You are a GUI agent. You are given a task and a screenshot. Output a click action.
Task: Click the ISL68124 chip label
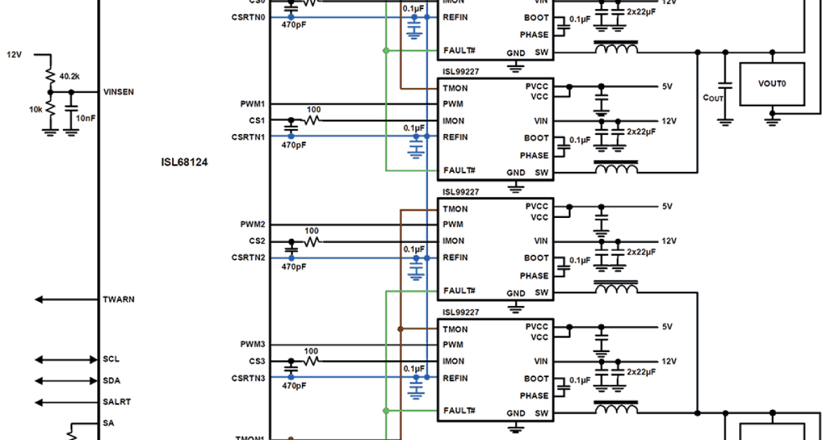coord(184,162)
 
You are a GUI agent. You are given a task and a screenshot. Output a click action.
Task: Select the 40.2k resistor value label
coord(69,75)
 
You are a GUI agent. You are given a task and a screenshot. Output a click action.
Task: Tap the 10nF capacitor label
coord(86,119)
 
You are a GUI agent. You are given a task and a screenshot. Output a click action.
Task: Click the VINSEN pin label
coord(119,91)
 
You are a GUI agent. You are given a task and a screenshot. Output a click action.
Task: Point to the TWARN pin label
coord(118,300)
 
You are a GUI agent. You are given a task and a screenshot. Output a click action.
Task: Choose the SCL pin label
coord(110,360)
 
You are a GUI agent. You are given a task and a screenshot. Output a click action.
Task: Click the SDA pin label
coord(111,381)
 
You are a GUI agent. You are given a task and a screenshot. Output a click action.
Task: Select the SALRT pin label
coord(116,402)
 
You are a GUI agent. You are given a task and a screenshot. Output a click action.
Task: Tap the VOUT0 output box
coord(772,83)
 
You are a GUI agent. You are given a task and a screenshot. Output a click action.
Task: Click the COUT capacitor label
coord(712,98)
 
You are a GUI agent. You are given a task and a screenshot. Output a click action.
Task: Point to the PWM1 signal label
coord(252,104)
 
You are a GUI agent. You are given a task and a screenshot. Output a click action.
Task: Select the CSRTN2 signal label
coord(248,258)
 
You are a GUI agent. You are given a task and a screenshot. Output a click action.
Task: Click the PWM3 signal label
coord(252,345)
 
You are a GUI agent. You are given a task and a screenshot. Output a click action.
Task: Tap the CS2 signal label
coord(257,241)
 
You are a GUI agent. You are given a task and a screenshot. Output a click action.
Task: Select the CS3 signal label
coord(257,362)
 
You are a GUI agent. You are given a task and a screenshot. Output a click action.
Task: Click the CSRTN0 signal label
coord(248,17)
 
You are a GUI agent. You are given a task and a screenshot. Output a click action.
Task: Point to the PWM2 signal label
coord(252,225)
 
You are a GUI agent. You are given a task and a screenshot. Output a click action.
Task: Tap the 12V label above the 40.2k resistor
coord(15,54)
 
